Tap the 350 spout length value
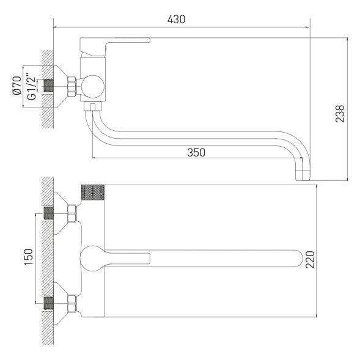click(195, 152)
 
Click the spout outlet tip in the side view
click(303, 175)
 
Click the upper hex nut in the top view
click(72, 213)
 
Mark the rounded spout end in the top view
click(298, 257)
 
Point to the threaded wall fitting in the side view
click(49, 86)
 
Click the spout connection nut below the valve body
click(92, 108)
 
